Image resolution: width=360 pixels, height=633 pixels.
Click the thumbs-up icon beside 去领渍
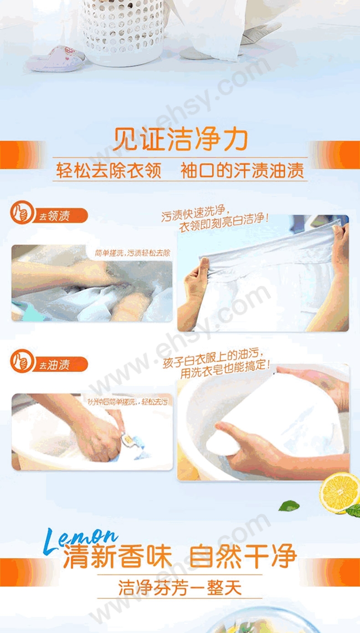pos(21,213)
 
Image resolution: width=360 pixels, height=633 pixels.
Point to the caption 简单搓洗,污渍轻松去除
pos(132,253)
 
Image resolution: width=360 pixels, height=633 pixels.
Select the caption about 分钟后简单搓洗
pos(128,402)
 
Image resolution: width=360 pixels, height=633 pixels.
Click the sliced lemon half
pos(339,492)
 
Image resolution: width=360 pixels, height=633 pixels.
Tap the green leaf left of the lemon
pos(289,505)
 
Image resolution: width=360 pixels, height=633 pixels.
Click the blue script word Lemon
pos(80,538)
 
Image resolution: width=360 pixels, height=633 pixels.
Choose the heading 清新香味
pos(118,557)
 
